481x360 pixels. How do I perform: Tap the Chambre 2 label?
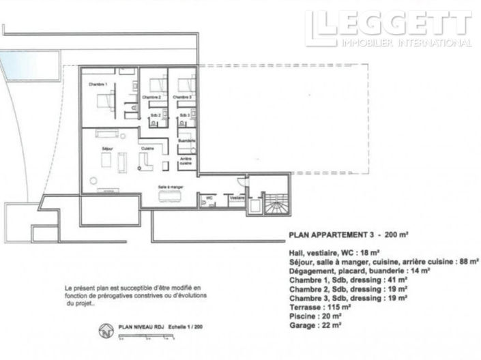coord(151,97)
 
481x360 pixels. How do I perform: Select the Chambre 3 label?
coord(181,97)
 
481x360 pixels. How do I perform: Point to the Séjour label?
coord(106,149)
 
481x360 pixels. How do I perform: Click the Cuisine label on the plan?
coord(147,149)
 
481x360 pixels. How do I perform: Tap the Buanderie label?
coord(186,140)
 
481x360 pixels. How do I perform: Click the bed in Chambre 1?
coord(107,102)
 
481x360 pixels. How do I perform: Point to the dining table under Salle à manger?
coord(170,197)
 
